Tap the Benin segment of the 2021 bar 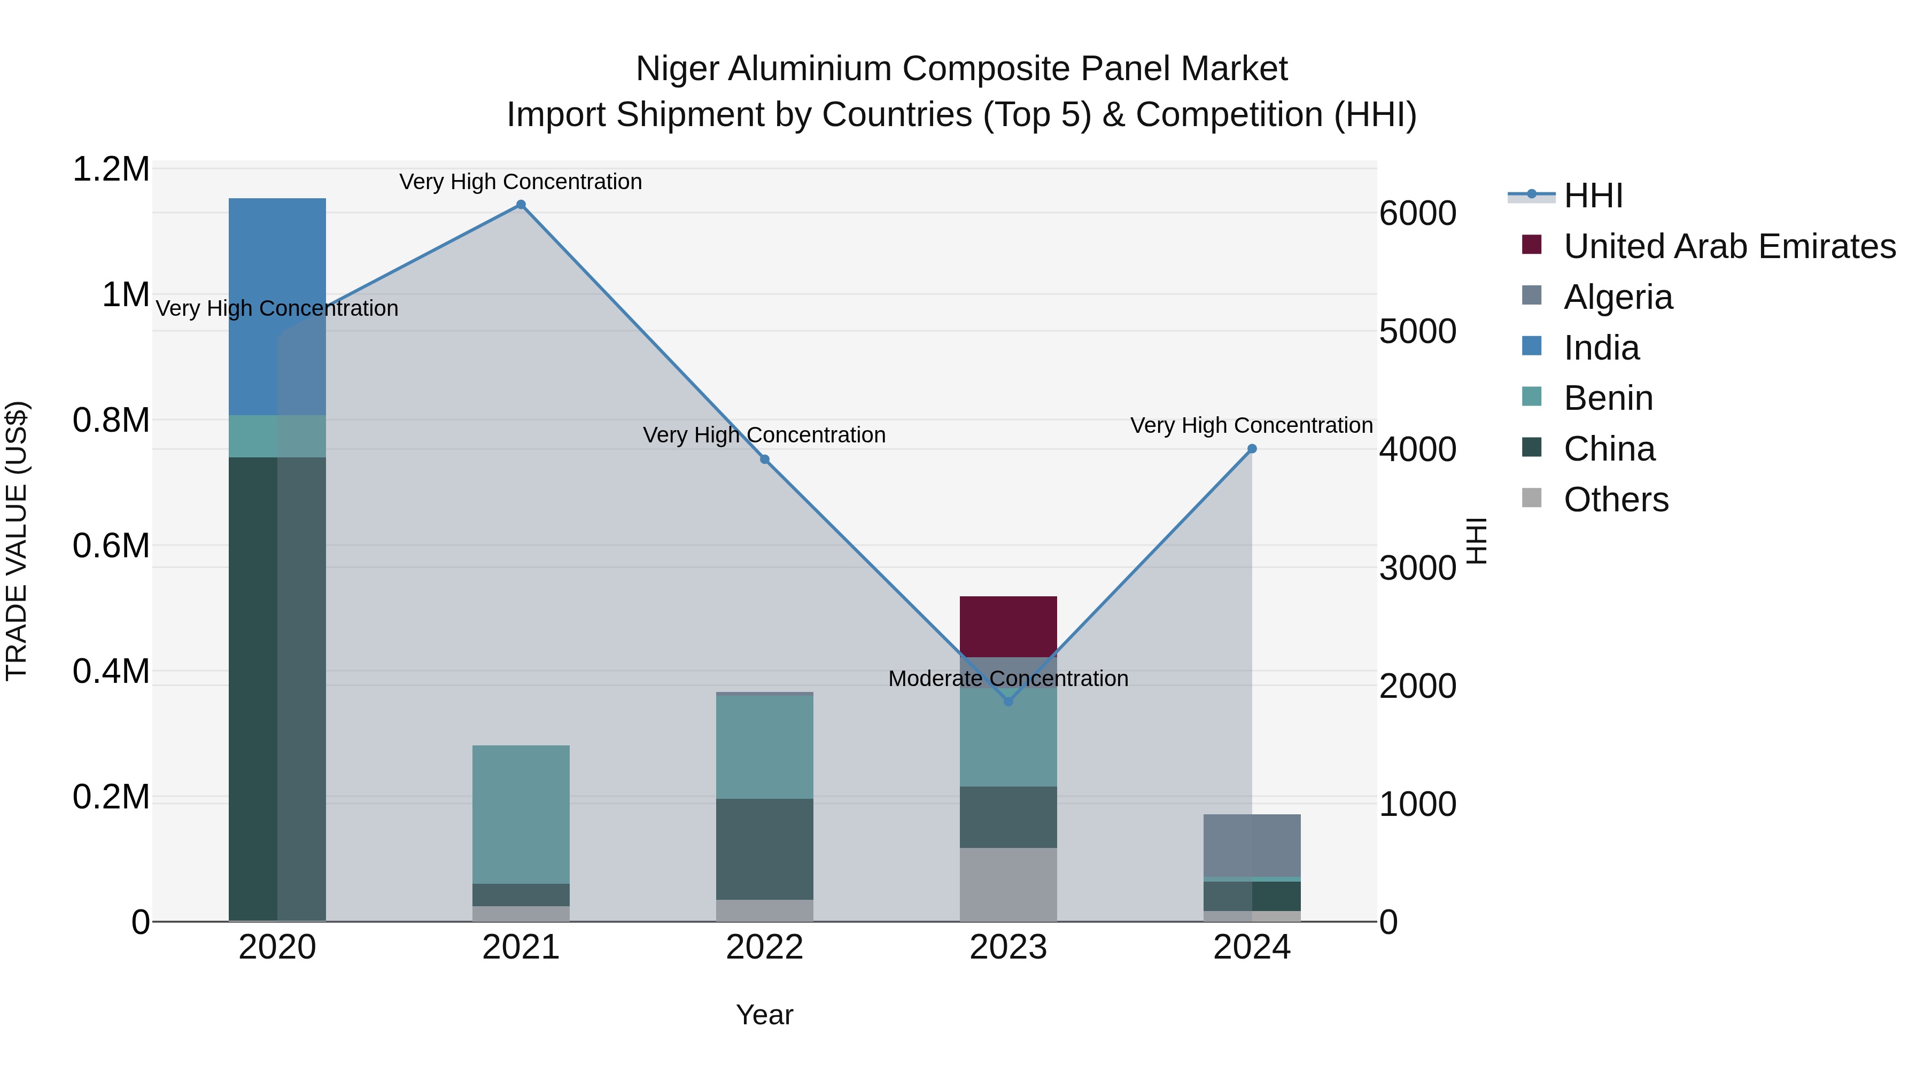(x=521, y=814)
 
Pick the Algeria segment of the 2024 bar (x=1252, y=845)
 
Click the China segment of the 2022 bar (x=764, y=849)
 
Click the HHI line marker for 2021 (x=521, y=205)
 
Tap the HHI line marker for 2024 (x=1252, y=449)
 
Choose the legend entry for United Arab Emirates (x=1729, y=246)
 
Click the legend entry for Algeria (x=1618, y=297)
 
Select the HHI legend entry (x=1593, y=196)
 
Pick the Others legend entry (x=1616, y=500)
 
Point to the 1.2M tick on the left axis (x=111, y=169)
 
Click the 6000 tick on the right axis (x=1417, y=214)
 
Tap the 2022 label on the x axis (x=764, y=947)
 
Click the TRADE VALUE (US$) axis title (x=17, y=541)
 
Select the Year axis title (x=764, y=1015)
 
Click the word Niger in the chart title (x=677, y=69)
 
